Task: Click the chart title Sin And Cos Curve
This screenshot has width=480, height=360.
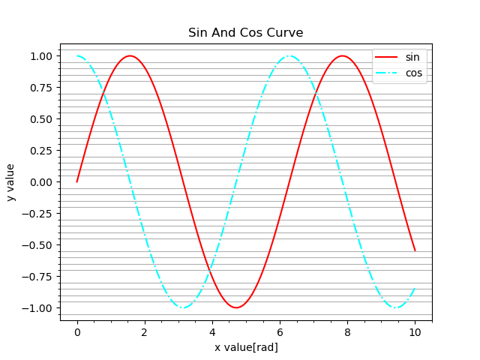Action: click(245, 33)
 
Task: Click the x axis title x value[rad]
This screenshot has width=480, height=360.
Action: click(246, 347)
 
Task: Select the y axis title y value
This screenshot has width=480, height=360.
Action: click(11, 182)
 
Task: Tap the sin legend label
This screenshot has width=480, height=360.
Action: click(412, 58)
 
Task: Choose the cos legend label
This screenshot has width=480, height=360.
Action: click(413, 73)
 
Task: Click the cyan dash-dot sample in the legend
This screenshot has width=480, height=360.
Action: click(388, 73)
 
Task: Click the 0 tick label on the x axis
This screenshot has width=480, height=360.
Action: click(77, 331)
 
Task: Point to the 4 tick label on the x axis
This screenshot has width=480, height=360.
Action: click(212, 331)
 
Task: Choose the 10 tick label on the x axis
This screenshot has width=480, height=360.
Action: click(415, 331)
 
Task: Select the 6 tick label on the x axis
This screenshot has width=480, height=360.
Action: click(280, 331)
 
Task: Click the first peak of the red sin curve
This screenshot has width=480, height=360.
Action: click(130, 55)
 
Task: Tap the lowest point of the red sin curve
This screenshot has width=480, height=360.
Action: click(236, 307)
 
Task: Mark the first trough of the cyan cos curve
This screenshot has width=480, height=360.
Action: click(183, 307)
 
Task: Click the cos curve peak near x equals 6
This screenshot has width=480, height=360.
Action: click(289, 55)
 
